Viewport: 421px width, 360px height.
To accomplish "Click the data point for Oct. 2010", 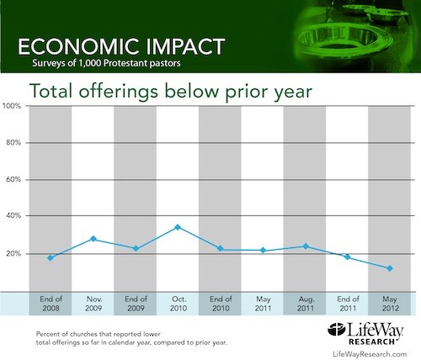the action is (178, 227).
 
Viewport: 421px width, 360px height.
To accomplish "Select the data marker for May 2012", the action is (390, 268).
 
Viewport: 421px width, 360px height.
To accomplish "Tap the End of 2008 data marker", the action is (51, 257).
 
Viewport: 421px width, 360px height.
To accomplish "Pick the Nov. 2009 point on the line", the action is (93, 239).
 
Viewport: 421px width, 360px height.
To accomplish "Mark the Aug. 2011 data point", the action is (306, 246).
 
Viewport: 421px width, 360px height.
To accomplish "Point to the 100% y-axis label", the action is (12, 106).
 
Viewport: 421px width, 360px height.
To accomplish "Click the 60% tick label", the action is (13, 179).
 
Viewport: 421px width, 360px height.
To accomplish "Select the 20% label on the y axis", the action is (13, 253).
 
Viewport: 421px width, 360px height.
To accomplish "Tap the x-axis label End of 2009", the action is (136, 304).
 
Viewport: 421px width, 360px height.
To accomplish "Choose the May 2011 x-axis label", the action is (263, 304).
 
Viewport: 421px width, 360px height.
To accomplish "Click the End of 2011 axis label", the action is (348, 304).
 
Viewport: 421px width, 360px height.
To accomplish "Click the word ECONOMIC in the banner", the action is (83, 46).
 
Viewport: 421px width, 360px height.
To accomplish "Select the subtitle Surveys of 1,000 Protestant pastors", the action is (106, 63).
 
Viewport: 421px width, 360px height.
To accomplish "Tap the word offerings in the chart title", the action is (118, 92).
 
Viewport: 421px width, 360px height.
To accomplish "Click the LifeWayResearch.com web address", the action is (370, 354).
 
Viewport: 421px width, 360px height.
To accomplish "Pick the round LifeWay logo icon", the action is (336, 329).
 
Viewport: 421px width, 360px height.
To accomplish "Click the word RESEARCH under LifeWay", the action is (372, 341).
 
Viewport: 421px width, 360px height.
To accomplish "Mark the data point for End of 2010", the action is (221, 248).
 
